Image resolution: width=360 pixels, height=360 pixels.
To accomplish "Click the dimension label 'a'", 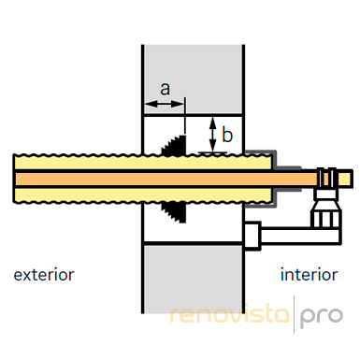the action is point(165,89).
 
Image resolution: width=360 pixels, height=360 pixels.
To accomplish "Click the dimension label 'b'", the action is point(227,135).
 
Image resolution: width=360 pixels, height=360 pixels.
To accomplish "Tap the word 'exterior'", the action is point(44,275).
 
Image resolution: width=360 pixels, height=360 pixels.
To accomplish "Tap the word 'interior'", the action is point(310,275).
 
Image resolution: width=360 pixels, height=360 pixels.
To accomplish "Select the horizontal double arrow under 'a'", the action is point(164,105).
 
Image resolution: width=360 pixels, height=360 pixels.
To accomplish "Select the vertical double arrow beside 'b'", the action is point(212,134).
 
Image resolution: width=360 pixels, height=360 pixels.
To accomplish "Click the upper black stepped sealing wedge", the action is point(174,145).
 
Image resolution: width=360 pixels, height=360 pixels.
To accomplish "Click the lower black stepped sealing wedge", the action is point(174,212).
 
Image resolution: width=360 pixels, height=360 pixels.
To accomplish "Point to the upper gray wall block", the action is point(193,79).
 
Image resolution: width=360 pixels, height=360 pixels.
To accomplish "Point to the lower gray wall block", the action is point(193,278).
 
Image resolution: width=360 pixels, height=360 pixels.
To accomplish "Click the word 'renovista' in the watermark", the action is point(230,314).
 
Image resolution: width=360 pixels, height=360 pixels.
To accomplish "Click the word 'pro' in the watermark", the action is point(322,317).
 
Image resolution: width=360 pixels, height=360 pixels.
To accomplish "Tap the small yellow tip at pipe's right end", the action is point(345,179).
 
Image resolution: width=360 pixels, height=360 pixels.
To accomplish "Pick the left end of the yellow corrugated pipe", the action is point(14,179).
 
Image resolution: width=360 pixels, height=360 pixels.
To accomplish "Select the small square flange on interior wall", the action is point(252,236).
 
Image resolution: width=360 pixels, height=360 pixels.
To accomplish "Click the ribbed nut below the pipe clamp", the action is point(326,214).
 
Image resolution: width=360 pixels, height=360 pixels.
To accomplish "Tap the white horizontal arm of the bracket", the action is point(300,236).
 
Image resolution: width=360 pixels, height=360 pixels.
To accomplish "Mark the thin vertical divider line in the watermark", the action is point(294,314).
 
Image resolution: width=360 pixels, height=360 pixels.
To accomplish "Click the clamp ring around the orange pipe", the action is point(326,179).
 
